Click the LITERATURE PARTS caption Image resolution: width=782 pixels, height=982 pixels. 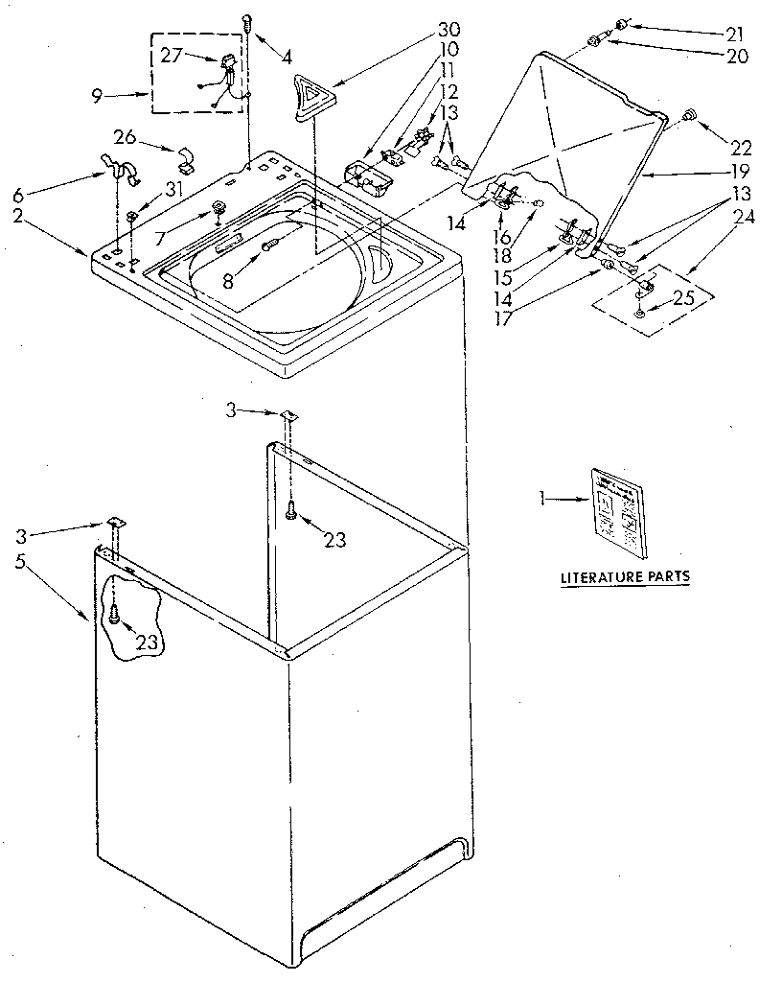tap(624, 577)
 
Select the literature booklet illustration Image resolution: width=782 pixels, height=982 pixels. tap(618, 512)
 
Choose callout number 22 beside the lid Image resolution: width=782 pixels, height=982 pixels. tap(741, 149)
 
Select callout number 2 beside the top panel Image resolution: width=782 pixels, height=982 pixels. tap(18, 217)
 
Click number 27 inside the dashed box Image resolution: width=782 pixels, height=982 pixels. tap(171, 56)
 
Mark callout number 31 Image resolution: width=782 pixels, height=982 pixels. tap(172, 188)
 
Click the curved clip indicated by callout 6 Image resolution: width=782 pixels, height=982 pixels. tap(119, 170)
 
